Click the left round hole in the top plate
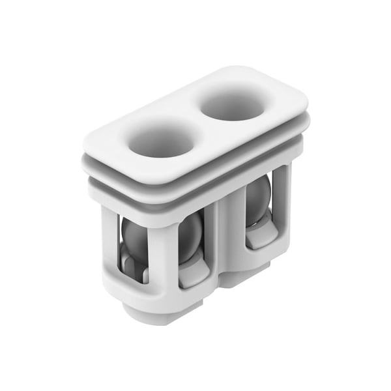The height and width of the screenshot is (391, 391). (x=161, y=139)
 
